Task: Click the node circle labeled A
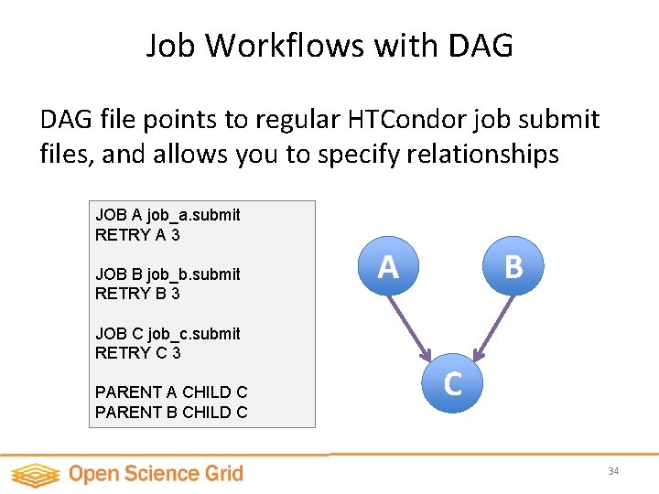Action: point(389,266)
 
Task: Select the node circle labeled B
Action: point(513,266)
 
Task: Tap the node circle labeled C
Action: point(452,384)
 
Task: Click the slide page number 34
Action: point(613,471)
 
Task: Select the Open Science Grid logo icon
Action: point(35,474)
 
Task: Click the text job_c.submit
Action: point(194,334)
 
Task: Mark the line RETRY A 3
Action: point(137,234)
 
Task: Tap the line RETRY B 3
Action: point(137,294)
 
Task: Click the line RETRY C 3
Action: point(137,353)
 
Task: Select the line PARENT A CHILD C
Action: point(171,392)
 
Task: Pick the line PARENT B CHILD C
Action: point(171,413)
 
